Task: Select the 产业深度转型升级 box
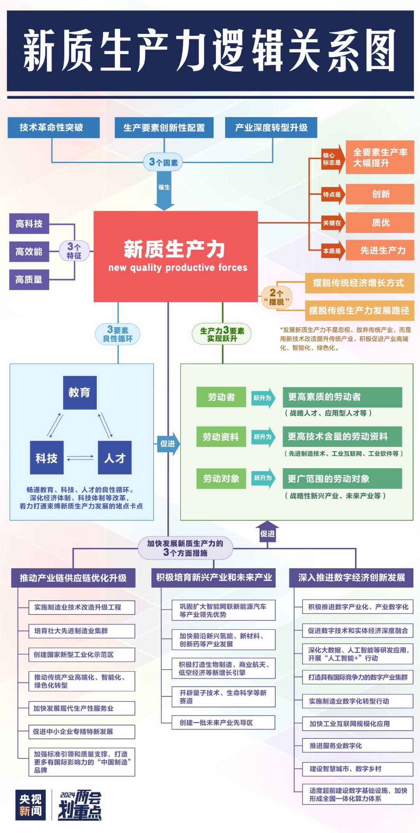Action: click(x=271, y=128)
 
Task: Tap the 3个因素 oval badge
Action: click(x=163, y=162)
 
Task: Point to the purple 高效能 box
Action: click(x=29, y=252)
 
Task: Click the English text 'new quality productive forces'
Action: click(x=178, y=268)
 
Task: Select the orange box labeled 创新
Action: click(x=380, y=194)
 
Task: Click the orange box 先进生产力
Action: click(x=380, y=250)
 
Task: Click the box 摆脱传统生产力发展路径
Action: click(x=359, y=310)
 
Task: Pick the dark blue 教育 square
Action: click(x=80, y=392)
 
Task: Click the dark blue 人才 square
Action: click(x=115, y=458)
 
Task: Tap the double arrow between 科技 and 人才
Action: click(x=80, y=458)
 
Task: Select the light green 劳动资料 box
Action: click(x=221, y=437)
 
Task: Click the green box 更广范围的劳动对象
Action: click(x=342, y=478)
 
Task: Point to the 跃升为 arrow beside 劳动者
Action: click(x=263, y=398)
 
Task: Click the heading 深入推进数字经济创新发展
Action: click(x=351, y=577)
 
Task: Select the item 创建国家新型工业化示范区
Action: click(x=82, y=654)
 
